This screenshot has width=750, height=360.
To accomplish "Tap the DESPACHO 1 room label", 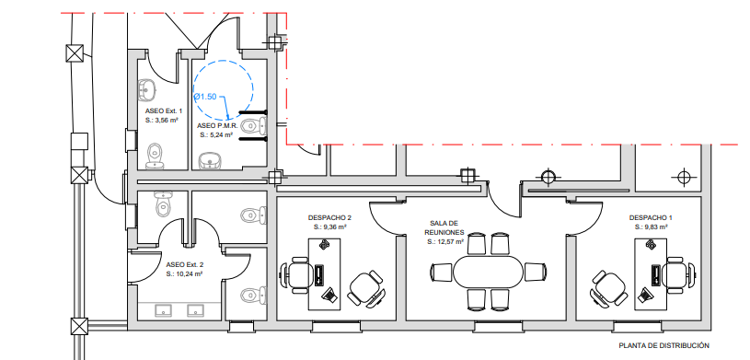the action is (648, 218).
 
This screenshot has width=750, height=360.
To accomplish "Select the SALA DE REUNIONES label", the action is (444, 227).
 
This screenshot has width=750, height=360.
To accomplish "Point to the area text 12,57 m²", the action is (449, 242).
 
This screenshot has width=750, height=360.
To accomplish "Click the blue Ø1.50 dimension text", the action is (205, 97).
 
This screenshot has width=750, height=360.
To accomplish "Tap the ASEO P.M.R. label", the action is (217, 126).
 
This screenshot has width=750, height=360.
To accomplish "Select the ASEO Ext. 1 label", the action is (164, 111).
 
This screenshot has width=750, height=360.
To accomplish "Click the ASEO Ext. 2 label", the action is (185, 265).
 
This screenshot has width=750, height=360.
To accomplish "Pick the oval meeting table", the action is (489, 272).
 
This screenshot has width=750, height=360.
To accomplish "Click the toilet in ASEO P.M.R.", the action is (253, 126).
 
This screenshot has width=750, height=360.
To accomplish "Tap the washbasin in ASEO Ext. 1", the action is (147, 89).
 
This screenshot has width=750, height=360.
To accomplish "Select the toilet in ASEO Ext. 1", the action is (154, 157).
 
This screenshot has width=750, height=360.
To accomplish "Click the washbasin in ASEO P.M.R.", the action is (210, 161).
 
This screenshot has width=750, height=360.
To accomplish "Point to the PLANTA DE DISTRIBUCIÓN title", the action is (663, 345).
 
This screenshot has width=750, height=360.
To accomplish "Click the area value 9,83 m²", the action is (652, 227).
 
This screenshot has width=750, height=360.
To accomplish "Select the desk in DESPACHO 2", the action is (324, 274).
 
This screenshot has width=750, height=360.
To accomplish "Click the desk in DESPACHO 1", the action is (651, 274).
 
